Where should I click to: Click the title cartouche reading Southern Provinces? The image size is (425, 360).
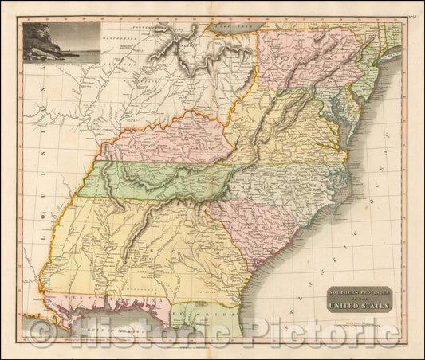pyautogui.click(x=360, y=299)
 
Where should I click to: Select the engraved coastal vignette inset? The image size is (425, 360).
pyautogui.click(x=61, y=41)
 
